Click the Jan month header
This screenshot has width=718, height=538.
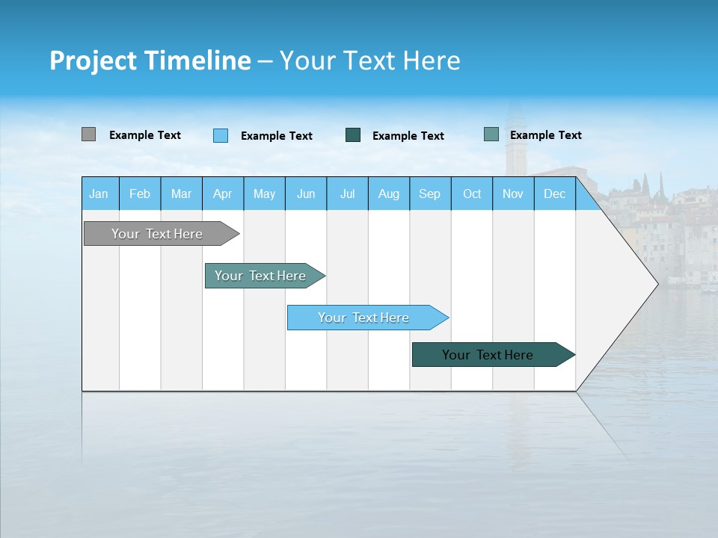[x=99, y=194]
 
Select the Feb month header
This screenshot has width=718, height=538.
[x=140, y=194]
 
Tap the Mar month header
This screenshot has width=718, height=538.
[x=181, y=194]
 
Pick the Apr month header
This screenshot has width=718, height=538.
[x=223, y=194]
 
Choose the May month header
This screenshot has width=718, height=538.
[x=264, y=194]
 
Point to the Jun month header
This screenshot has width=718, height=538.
[x=306, y=194]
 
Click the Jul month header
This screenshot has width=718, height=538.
[x=347, y=194]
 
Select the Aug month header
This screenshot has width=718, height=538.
[x=389, y=194]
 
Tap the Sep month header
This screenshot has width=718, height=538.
[x=430, y=194]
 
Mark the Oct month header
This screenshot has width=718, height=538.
[x=472, y=194]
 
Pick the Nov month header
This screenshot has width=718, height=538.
[x=513, y=194]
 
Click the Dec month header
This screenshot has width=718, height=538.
[x=555, y=194]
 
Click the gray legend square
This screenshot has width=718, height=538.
[x=89, y=134]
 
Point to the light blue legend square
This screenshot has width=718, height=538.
[x=221, y=135]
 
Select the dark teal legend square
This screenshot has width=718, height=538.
[x=353, y=135]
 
